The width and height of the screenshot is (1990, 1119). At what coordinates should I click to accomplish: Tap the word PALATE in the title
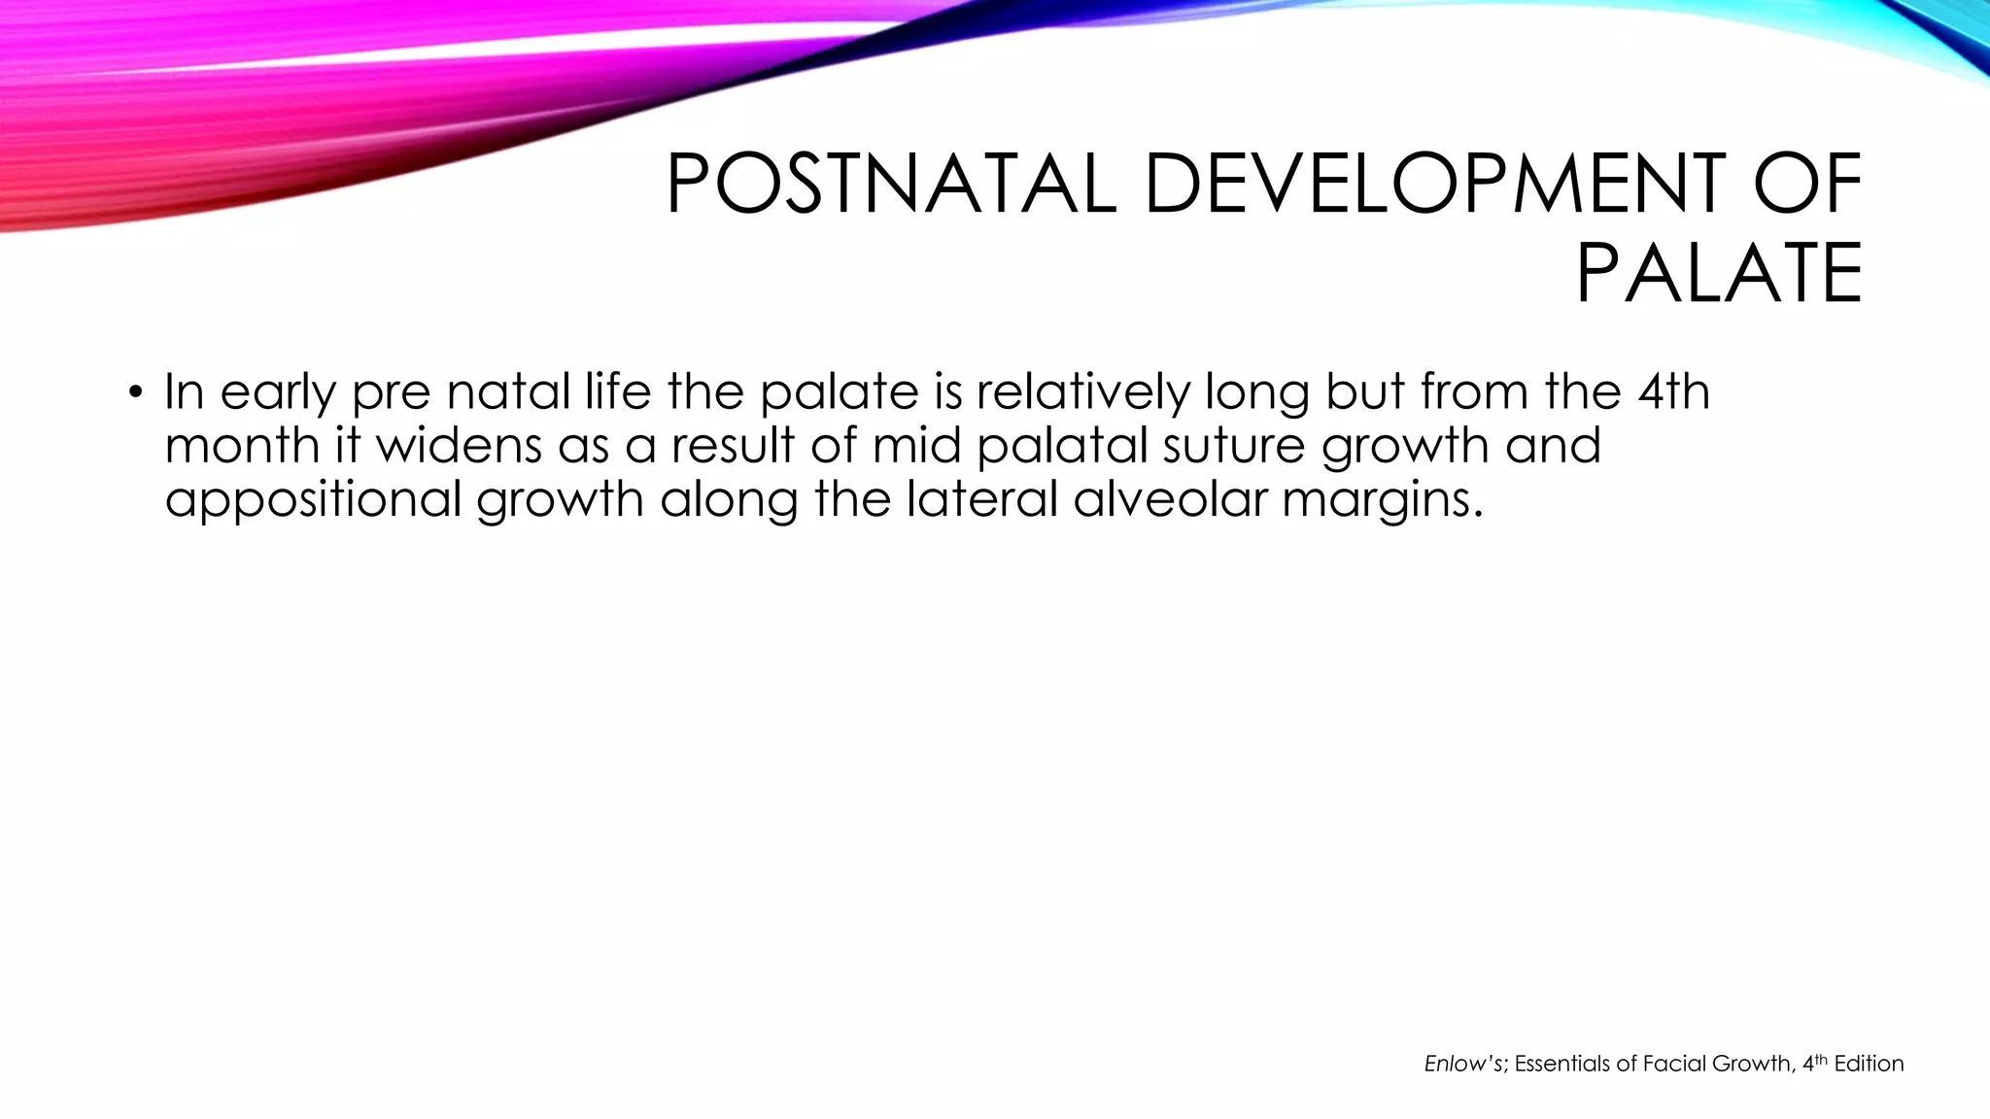(1719, 274)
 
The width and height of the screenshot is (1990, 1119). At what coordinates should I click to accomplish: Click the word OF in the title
(1808, 185)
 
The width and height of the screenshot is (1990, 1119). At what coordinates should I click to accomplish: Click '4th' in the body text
(1673, 391)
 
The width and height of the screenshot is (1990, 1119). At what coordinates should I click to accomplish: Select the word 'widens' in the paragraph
(460, 445)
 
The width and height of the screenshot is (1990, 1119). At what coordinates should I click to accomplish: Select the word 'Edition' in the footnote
(1869, 1064)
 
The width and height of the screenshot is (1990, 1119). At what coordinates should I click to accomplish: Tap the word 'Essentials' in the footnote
(1562, 1064)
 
